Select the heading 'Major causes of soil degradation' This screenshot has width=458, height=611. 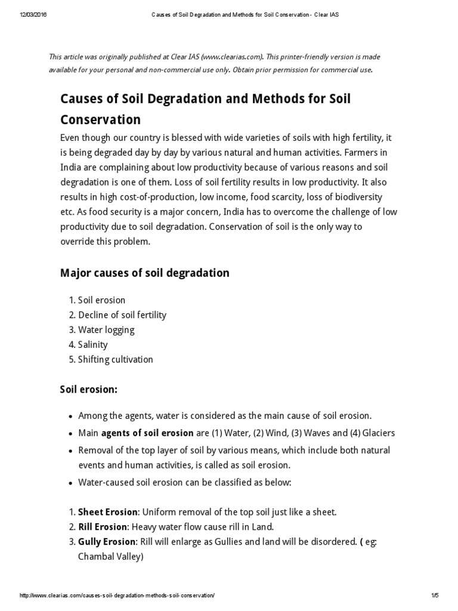[x=144, y=273]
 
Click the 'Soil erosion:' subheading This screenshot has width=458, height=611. [x=89, y=390]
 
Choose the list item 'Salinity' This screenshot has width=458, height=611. [x=92, y=345]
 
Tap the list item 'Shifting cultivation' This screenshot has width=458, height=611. [x=115, y=360]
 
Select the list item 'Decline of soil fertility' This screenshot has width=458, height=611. [x=122, y=315]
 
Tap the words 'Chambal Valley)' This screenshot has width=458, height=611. [x=111, y=557]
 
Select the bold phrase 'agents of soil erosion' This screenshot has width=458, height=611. [x=147, y=433]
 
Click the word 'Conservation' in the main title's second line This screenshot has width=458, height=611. [x=101, y=119]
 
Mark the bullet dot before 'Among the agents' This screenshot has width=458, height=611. [x=71, y=416]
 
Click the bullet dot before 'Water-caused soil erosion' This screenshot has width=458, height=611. [x=71, y=483]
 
